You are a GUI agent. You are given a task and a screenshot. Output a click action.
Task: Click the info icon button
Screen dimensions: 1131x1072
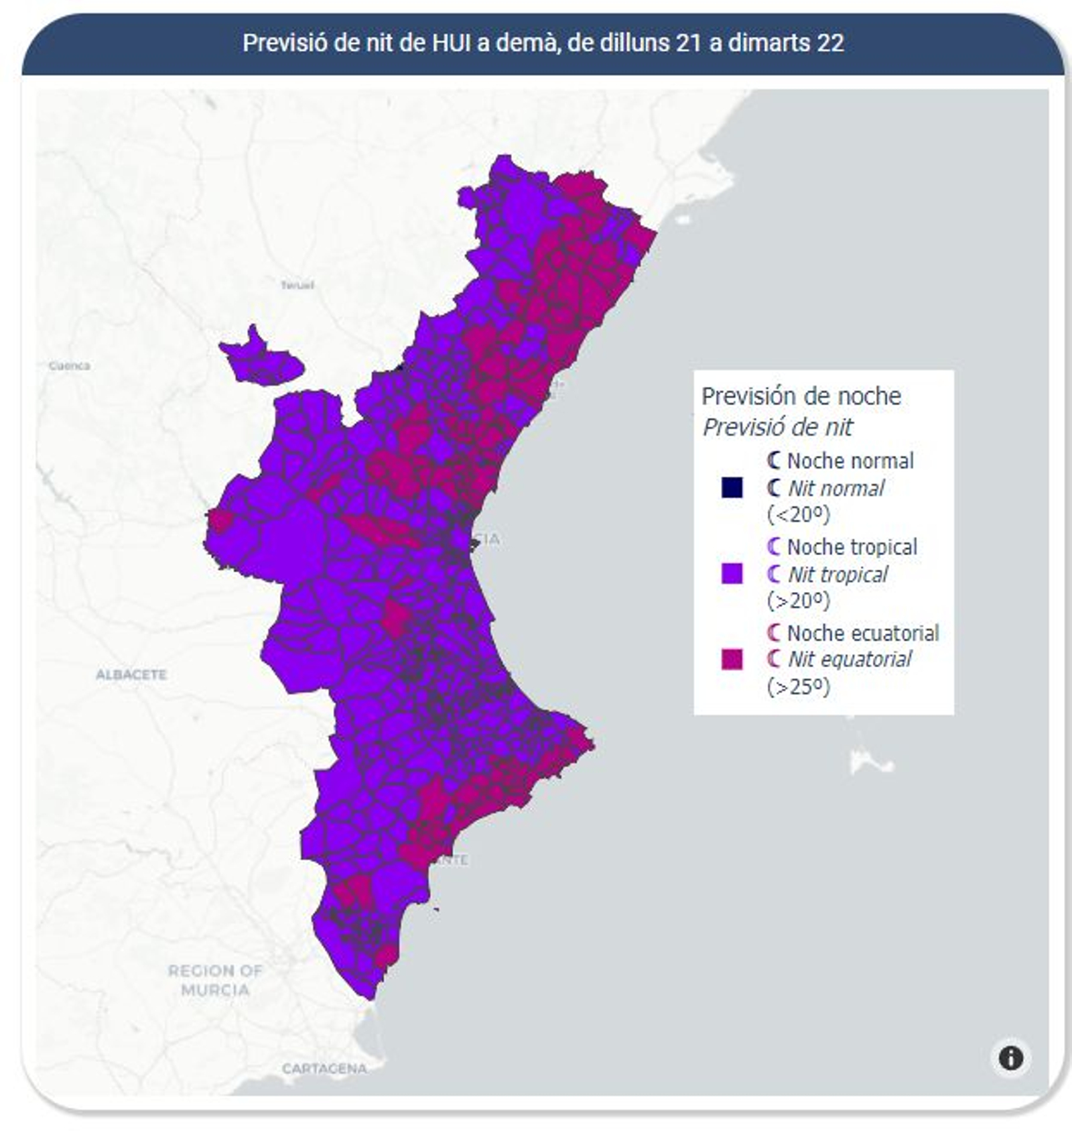pos(1010,1057)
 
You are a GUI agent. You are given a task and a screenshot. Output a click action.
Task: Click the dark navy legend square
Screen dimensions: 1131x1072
pos(732,487)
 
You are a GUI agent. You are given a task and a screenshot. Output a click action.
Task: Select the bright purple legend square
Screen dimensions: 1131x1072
pos(732,573)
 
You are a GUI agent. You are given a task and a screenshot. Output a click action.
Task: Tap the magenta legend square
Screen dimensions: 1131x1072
pos(732,659)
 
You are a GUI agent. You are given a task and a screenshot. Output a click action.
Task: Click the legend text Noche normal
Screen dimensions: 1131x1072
pos(850,461)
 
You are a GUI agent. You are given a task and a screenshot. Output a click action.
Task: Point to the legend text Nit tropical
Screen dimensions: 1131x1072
pos(837,575)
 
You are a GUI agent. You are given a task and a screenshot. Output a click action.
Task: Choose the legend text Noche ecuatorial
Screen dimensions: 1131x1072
pos(862,633)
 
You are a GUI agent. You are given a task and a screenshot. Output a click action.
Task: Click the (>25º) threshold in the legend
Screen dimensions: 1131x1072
pos(798,687)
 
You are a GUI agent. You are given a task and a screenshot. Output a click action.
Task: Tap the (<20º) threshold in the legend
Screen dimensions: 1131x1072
pos(798,514)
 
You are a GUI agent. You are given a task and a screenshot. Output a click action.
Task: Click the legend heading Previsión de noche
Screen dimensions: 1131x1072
pos(801,396)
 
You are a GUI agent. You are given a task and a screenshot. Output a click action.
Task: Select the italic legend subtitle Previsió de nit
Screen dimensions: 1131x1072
pos(777,427)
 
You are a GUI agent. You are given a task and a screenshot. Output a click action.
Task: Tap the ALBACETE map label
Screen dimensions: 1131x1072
pos(131,674)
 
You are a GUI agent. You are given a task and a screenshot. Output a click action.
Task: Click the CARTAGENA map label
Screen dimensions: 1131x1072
pos(324,1069)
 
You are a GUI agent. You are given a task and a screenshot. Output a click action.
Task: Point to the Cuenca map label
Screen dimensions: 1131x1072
pos(70,366)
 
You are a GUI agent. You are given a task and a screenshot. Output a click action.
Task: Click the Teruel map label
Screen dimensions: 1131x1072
pos(297,286)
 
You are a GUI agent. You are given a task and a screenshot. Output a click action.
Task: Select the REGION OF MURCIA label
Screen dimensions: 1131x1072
pos(215,979)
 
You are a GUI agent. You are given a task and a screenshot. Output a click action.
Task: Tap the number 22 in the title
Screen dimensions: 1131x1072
pos(830,43)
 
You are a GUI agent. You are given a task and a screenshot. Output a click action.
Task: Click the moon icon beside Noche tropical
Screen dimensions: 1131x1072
pos(774,546)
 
